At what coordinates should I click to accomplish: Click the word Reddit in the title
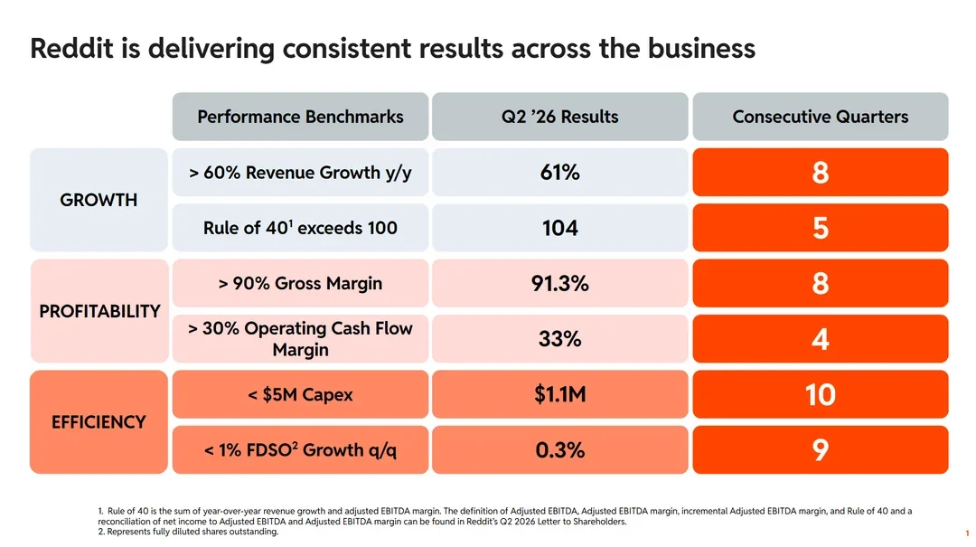pyautogui.click(x=71, y=48)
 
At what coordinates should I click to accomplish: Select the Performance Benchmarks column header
pyautogui.click(x=300, y=117)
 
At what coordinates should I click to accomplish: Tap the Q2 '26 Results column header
pyautogui.click(x=559, y=117)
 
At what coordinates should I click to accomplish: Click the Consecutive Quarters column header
pyautogui.click(x=821, y=117)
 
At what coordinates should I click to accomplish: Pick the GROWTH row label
pyautogui.click(x=99, y=200)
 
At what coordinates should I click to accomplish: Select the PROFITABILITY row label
pyautogui.click(x=99, y=311)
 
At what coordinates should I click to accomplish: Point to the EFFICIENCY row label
pyautogui.click(x=99, y=421)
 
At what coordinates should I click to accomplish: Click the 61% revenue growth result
pyautogui.click(x=559, y=172)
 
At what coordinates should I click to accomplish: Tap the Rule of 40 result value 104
pyautogui.click(x=559, y=228)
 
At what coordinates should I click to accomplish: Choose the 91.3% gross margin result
pyautogui.click(x=559, y=284)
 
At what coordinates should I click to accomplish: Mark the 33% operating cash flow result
pyautogui.click(x=559, y=339)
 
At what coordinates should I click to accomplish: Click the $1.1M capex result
pyautogui.click(x=559, y=394)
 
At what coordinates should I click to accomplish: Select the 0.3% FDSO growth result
pyautogui.click(x=559, y=450)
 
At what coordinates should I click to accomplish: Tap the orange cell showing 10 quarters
pyautogui.click(x=821, y=394)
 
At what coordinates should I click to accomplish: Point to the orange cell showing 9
pyautogui.click(x=821, y=450)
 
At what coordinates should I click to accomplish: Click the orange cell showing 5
pyautogui.click(x=821, y=228)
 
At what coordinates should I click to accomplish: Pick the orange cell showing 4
pyautogui.click(x=821, y=339)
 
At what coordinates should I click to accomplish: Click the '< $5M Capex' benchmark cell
pyautogui.click(x=300, y=394)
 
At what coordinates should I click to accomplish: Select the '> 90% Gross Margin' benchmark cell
pyautogui.click(x=300, y=284)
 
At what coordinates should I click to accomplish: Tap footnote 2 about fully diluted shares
pyautogui.click(x=188, y=532)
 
